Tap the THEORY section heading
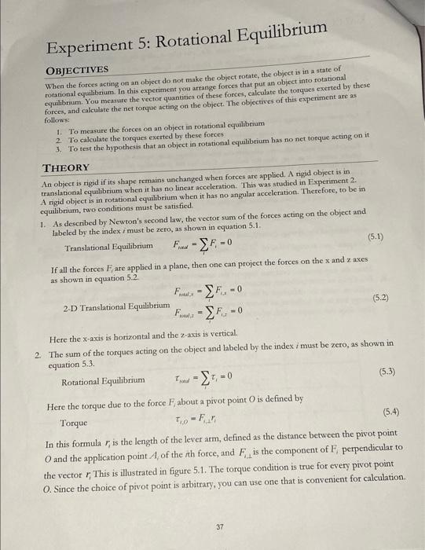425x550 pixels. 67,168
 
